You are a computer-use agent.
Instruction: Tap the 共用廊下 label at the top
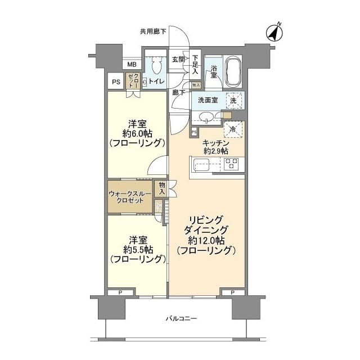(153, 31)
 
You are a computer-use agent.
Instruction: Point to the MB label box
(131, 65)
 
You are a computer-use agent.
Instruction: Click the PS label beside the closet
(116, 82)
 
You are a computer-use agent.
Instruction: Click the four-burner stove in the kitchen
(231, 164)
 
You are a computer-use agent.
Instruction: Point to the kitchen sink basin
(201, 165)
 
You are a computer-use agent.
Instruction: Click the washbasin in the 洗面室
(206, 117)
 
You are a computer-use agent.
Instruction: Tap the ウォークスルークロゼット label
(129, 197)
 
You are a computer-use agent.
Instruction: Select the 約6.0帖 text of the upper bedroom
(137, 135)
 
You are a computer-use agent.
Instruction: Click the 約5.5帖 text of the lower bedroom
(137, 249)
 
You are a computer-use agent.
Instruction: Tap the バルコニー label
(181, 319)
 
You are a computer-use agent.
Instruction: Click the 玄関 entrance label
(178, 59)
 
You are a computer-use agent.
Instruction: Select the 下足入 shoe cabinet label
(195, 64)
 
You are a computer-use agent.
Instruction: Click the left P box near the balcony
(121, 292)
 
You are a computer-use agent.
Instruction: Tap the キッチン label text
(215, 143)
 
